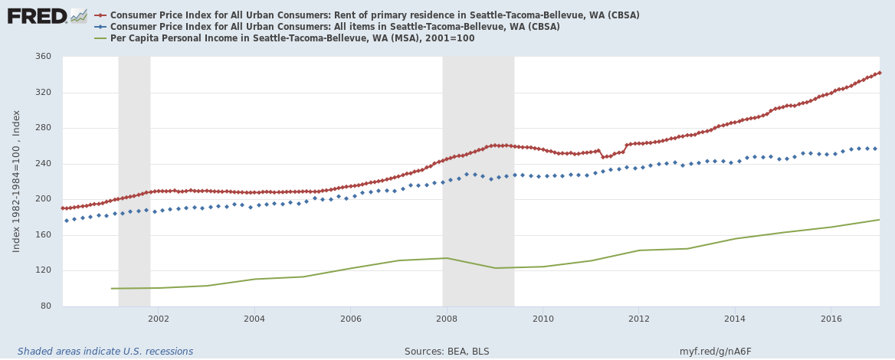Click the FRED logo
[37, 15]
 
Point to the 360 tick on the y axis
[42, 57]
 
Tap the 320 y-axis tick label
[42, 93]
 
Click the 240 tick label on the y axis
[42, 164]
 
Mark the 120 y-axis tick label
[42, 270]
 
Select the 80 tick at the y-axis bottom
[45, 306]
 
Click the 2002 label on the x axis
[158, 319]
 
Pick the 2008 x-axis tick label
[446, 319]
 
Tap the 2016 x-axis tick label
[831, 319]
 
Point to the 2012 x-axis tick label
[638, 319]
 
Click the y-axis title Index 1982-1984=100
[16, 181]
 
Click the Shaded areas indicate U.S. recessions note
[105, 352]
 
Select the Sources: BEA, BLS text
[447, 352]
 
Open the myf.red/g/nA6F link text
[715, 352]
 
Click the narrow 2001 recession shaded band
[134, 181]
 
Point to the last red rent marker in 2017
[879, 73]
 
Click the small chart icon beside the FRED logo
[79, 15]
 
